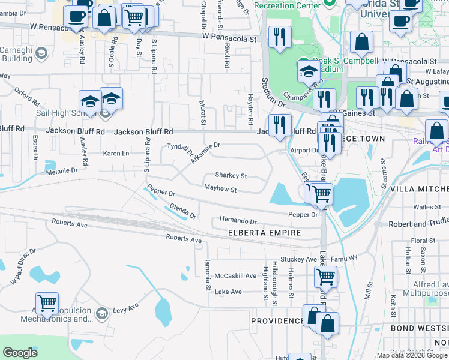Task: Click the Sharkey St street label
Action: pyautogui.click(x=231, y=176)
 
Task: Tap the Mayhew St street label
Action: pyautogui.click(x=220, y=190)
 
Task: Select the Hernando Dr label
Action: pyautogui.click(x=238, y=221)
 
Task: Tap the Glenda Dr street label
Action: pyautogui.click(x=183, y=211)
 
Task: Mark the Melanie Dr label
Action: pyautogui.click(x=62, y=170)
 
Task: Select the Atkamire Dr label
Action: pyautogui.click(x=206, y=153)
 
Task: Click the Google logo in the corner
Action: pyautogui.click(x=20, y=353)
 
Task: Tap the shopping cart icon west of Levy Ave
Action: pyautogui.click(x=47, y=303)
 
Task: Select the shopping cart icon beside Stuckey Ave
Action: pyautogui.click(x=325, y=276)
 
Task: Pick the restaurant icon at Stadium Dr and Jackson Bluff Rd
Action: pyautogui.click(x=280, y=125)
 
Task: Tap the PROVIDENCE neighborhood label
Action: pyautogui.click(x=278, y=321)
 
